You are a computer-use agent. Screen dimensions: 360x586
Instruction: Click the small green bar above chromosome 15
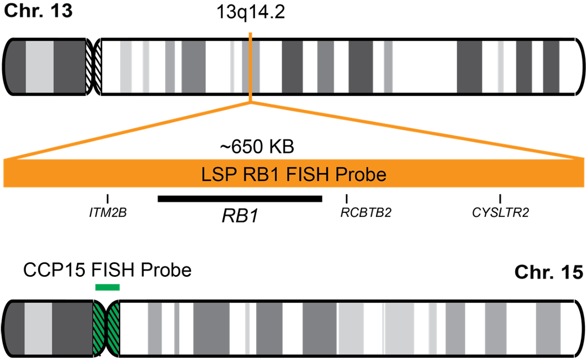click(107, 288)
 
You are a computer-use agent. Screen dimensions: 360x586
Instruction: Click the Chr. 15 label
click(549, 273)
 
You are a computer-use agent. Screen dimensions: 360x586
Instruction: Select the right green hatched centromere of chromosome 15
click(115, 329)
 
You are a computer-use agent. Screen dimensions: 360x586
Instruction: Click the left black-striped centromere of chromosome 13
click(88, 67)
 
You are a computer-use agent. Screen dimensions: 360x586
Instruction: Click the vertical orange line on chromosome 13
click(250, 67)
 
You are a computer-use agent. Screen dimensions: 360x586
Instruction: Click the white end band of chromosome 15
click(568, 329)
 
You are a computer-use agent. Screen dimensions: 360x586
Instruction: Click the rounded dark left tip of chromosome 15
click(14, 329)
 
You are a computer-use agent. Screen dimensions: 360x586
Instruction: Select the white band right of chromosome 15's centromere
click(133, 329)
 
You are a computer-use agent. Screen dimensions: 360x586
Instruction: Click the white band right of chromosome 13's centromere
click(111, 67)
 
